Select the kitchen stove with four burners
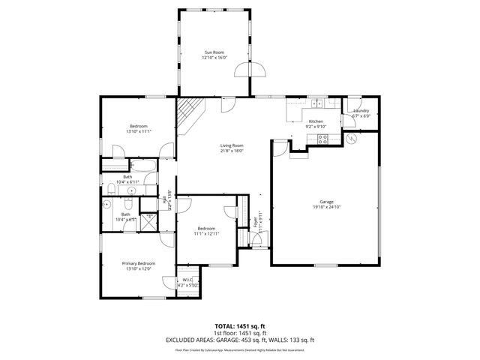pos(322,138)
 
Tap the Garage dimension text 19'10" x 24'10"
pos(326,208)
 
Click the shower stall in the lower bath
pos(150,219)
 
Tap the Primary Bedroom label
pos(138,263)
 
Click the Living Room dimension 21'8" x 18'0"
pos(232,150)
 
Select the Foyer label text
pos(254,223)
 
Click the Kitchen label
pos(316,121)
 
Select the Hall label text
pos(163,200)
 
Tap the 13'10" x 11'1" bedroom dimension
pos(138,131)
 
